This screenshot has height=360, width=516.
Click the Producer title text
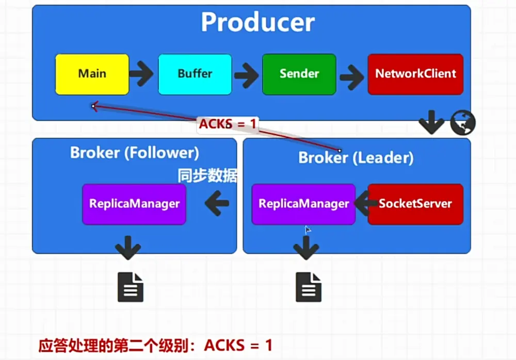click(257, 22)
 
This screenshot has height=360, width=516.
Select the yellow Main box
click(92, 74)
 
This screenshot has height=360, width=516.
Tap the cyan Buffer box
click(195, 74)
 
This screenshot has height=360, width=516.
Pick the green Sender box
click(299, 74)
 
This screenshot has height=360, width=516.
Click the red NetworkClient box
click(415, 74)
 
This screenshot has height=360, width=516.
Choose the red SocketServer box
click(415, 204)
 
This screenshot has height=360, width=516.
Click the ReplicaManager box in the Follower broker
click(134, 204)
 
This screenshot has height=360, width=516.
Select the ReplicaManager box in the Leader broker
click(303, 204)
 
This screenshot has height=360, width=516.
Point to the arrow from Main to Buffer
click(141, 73)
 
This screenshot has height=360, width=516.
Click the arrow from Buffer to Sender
click(246, 75)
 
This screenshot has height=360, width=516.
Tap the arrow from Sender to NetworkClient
click(352, 77)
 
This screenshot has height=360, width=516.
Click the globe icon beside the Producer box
click(463, 122)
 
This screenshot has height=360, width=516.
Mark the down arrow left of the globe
click(431, 122)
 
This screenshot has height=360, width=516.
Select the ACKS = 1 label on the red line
click(228, 124)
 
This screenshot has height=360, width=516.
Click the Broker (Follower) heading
click(135, 152)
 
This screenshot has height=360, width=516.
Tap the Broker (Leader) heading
click(356, 158)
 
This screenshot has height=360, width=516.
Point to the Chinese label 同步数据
click(207, 176)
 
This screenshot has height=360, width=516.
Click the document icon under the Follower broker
click(131, 287)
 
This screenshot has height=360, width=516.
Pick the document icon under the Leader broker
click(309, 287)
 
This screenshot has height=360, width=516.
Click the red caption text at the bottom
click(155, 346)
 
